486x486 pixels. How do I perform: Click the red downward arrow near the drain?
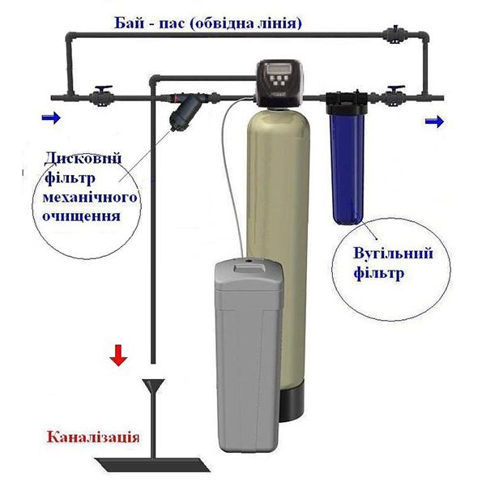pyautogui.click(x=118, y=356)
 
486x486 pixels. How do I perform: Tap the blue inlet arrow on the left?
pyautogui.click(x=51, y=117)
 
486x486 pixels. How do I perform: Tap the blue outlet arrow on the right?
pyautogui.click(x=434, y=122)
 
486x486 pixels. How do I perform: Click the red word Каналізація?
pyautogui.click(x=93, y=437)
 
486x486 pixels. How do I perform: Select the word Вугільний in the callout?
pyautogui.click(x=393, y=254)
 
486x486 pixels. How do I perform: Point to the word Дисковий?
pyautogui.click(x=83, y=159)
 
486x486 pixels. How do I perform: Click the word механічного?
pyautogui.click(x=90, y=198)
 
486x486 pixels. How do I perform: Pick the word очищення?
pyautogui.click(x=81, y=216)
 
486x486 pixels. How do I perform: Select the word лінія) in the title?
pyautogui.click(x=280, y=23)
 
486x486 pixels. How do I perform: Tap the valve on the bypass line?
pyautogui.click(x=394, y=34)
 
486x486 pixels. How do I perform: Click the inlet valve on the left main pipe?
pyautogui.click(x=101, y=96)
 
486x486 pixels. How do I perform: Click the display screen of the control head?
pyautogui.click(x=277, y=68)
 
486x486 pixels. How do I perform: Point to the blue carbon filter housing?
pyautogui.click(x=347, y=168)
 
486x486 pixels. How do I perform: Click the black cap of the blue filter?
pyautogui.click(x=347, y=103)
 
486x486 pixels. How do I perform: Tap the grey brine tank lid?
pyautogui.click(x=249, y=274)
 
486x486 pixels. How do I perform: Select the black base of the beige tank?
pyautogui.click(x=292, y=403)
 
